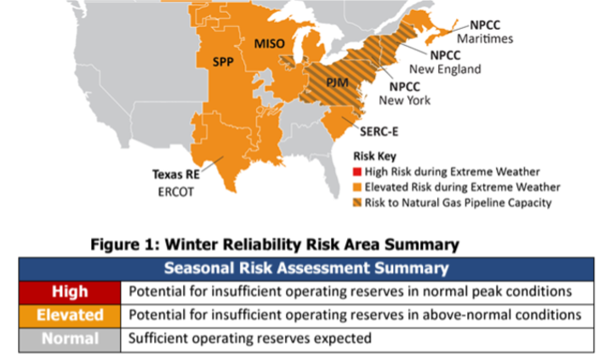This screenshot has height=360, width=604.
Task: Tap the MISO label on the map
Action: coord(270,43)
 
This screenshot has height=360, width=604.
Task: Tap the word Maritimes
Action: coord(482,39)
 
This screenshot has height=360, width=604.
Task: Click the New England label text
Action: coord(445,70)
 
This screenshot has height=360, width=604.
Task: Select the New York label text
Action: coord(404,100)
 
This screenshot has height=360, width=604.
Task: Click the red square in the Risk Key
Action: coord(356,172)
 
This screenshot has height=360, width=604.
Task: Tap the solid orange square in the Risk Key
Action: coord(356,187)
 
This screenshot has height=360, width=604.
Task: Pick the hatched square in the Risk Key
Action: coord(356,203)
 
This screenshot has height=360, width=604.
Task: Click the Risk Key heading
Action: coord(375,157)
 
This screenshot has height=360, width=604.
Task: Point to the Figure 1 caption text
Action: coord(274,245)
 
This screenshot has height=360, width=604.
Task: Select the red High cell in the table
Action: coord(70,292)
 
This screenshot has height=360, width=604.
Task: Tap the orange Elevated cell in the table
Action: coord(70,315)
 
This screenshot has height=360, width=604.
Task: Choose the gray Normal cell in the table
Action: coord(70,338)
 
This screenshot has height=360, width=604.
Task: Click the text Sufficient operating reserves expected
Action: coord(250,338)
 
